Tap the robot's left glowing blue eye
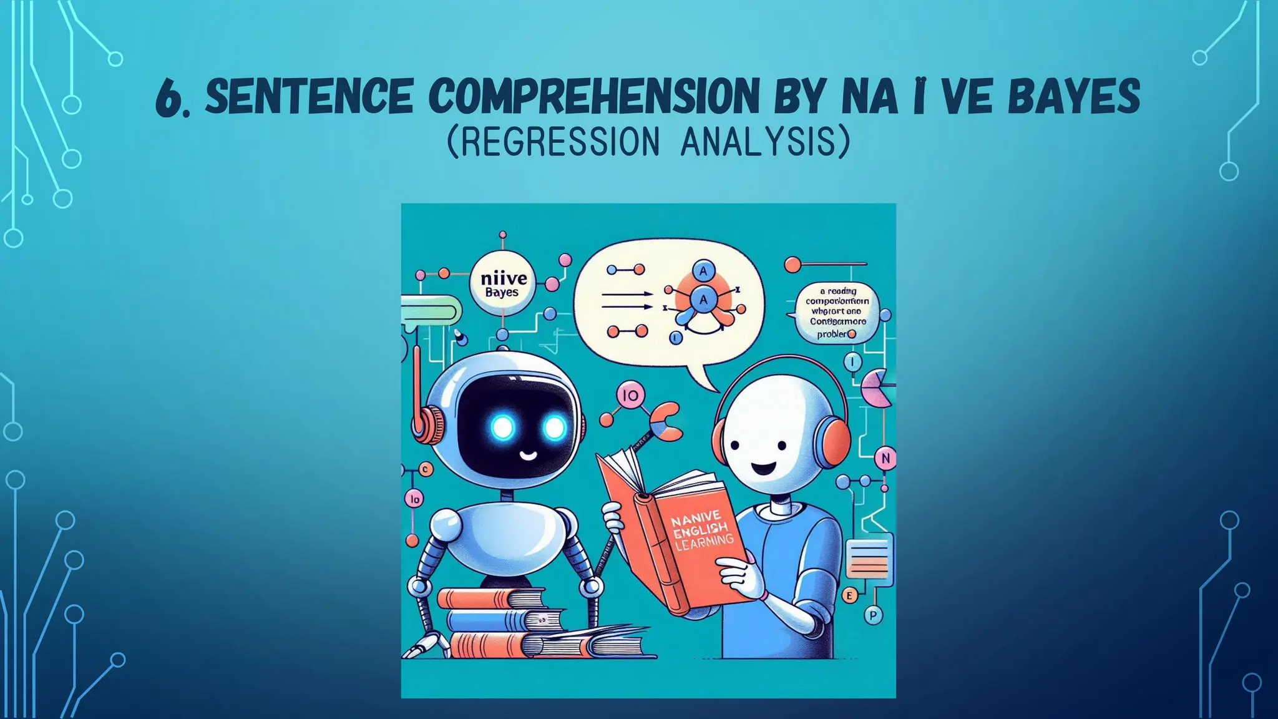tap(502, 428)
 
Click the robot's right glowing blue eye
tap(554, 428)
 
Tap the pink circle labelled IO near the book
tap(630, 396)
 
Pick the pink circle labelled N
tap(884, 459)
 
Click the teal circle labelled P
tap(872, 615)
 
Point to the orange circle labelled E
tap(848, 595)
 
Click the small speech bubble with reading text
tap(837, 312)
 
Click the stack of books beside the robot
tap(499, 624)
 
